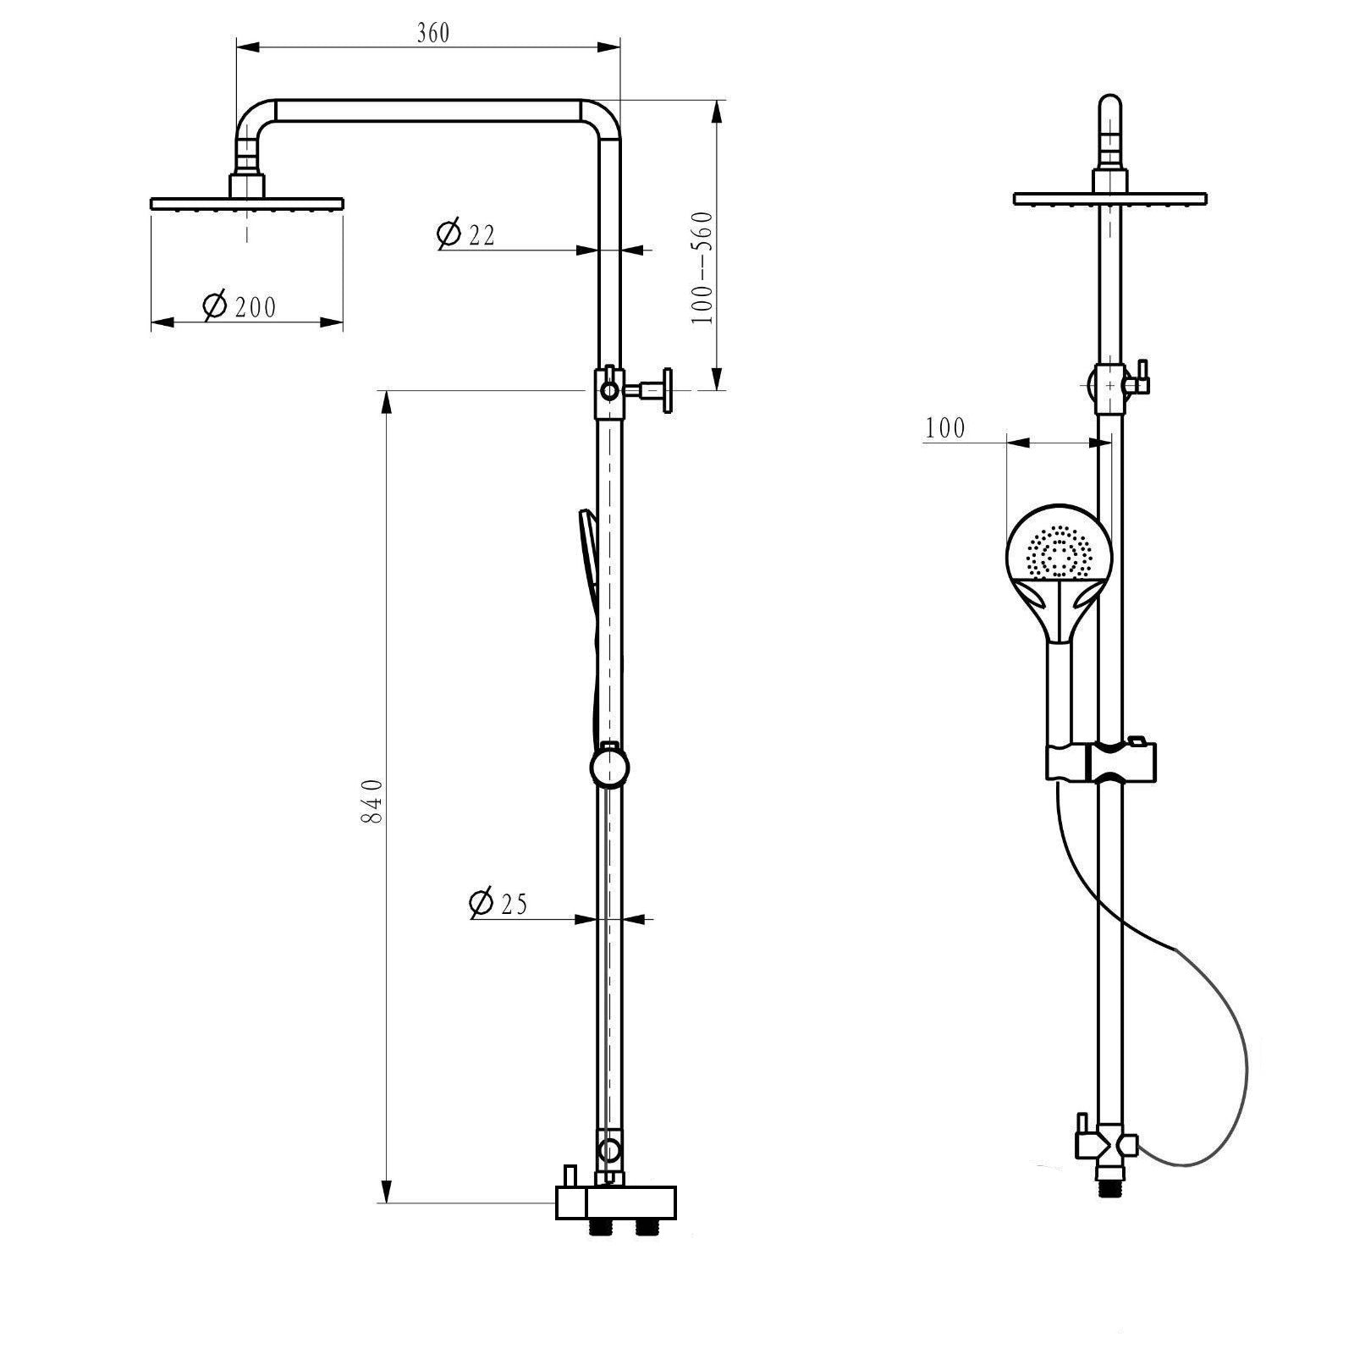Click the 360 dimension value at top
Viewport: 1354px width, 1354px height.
[433, 33]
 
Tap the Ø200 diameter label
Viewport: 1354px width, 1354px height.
[240, 305]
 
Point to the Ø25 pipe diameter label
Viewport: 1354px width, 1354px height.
[498, 903]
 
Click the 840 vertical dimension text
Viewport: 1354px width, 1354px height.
[373, 801]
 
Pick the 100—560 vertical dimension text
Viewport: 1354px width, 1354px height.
[703, 267]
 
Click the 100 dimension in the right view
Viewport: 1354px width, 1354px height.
[944, 428]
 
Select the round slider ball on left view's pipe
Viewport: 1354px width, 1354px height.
[609, 768]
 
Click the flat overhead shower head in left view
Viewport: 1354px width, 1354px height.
[247, 203]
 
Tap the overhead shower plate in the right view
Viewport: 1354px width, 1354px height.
[1109, 199]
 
